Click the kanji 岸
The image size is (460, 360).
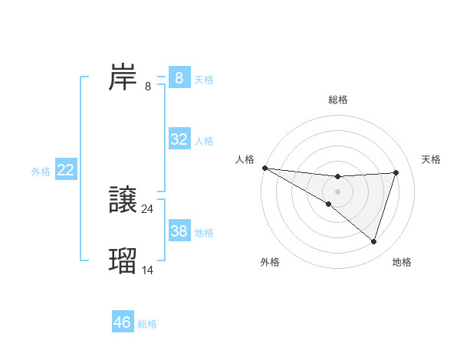point(123,77)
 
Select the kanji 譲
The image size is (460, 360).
point(123,200)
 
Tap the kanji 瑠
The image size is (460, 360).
point(123,260)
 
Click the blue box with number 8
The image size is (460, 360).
point(179,78)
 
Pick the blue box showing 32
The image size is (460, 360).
point(179,139)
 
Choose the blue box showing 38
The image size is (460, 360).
point(179,231)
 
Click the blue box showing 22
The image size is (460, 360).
point(66,170)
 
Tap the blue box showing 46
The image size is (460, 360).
point(123,322)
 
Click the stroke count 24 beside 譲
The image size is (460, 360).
point(147,208)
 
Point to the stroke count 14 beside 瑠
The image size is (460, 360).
point(147,270)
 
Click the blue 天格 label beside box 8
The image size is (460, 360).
point(204,80)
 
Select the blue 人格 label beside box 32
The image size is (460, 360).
point(204,141)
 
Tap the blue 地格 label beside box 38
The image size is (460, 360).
point(204,232)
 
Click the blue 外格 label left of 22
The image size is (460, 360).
point(41,172)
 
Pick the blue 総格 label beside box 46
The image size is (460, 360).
point(147,324)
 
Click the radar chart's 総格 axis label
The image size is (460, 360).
point(337,100)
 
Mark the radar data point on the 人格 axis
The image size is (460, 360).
point(264,167)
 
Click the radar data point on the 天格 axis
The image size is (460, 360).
point(396,172)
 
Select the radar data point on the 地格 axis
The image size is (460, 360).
point(373,241)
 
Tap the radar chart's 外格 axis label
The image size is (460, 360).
point(270,262)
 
